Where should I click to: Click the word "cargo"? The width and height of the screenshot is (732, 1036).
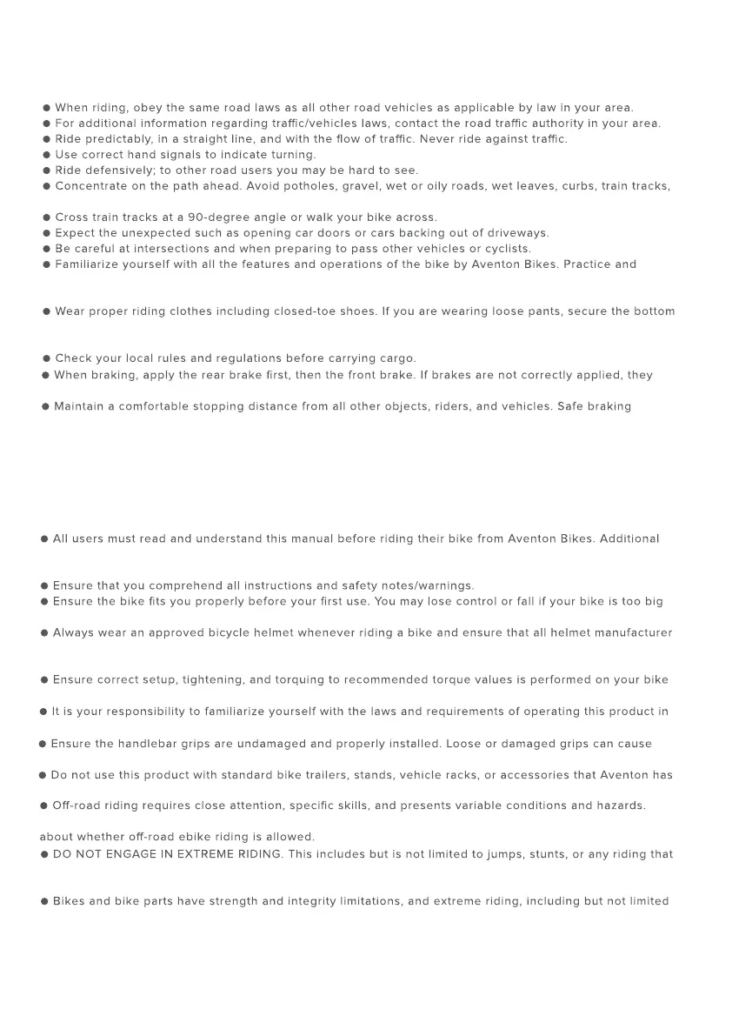click(x=397, y=358)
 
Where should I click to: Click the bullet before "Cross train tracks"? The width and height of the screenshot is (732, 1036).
click(x=47, y=217)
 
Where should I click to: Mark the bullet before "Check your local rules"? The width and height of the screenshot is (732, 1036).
click(x=47, y=358)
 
